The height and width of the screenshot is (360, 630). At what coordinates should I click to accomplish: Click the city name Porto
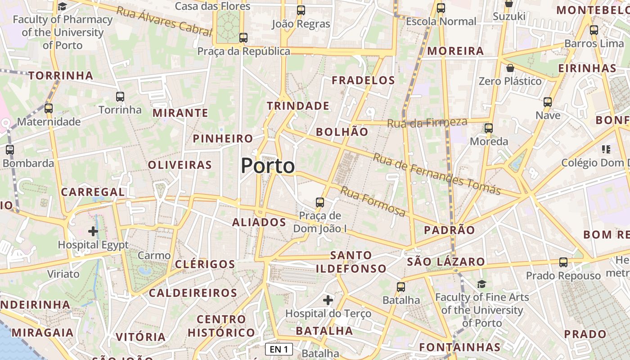(268, 166)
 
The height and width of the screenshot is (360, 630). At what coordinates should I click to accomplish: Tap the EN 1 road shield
(279, 349)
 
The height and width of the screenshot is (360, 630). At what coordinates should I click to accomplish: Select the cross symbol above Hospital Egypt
(93, 231)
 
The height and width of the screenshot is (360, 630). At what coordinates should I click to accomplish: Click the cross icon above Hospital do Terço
(328, 300)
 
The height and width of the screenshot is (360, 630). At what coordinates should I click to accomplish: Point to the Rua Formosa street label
(373, 201)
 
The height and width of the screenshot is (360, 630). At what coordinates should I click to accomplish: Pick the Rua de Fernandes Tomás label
(436, 174)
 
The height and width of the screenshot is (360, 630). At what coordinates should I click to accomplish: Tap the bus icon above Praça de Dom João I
(320, 202)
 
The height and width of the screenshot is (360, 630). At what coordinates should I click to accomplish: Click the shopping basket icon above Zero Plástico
(510, 68)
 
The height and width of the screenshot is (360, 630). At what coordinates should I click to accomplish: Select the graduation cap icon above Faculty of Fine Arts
(481, 284)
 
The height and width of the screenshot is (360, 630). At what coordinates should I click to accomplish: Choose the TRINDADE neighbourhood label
(298, 106)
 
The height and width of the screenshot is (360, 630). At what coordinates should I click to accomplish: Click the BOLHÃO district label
(342, 132)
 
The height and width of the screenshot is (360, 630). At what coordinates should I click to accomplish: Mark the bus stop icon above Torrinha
(120, 96)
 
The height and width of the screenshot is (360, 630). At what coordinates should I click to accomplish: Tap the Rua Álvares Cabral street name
(164, 21)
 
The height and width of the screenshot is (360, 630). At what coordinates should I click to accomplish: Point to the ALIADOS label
(259, 222)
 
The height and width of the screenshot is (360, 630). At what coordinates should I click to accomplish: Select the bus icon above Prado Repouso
(563, 262)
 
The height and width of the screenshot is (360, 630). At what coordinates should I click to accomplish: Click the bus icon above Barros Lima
(594, 30)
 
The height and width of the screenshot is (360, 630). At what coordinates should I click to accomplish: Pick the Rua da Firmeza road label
(427, 122)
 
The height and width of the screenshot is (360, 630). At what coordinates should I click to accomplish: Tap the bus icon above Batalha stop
(401, 287)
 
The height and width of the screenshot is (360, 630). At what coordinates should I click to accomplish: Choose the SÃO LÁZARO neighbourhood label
(446, 262)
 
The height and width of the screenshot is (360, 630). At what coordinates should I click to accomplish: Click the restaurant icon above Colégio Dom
(606, 149)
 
